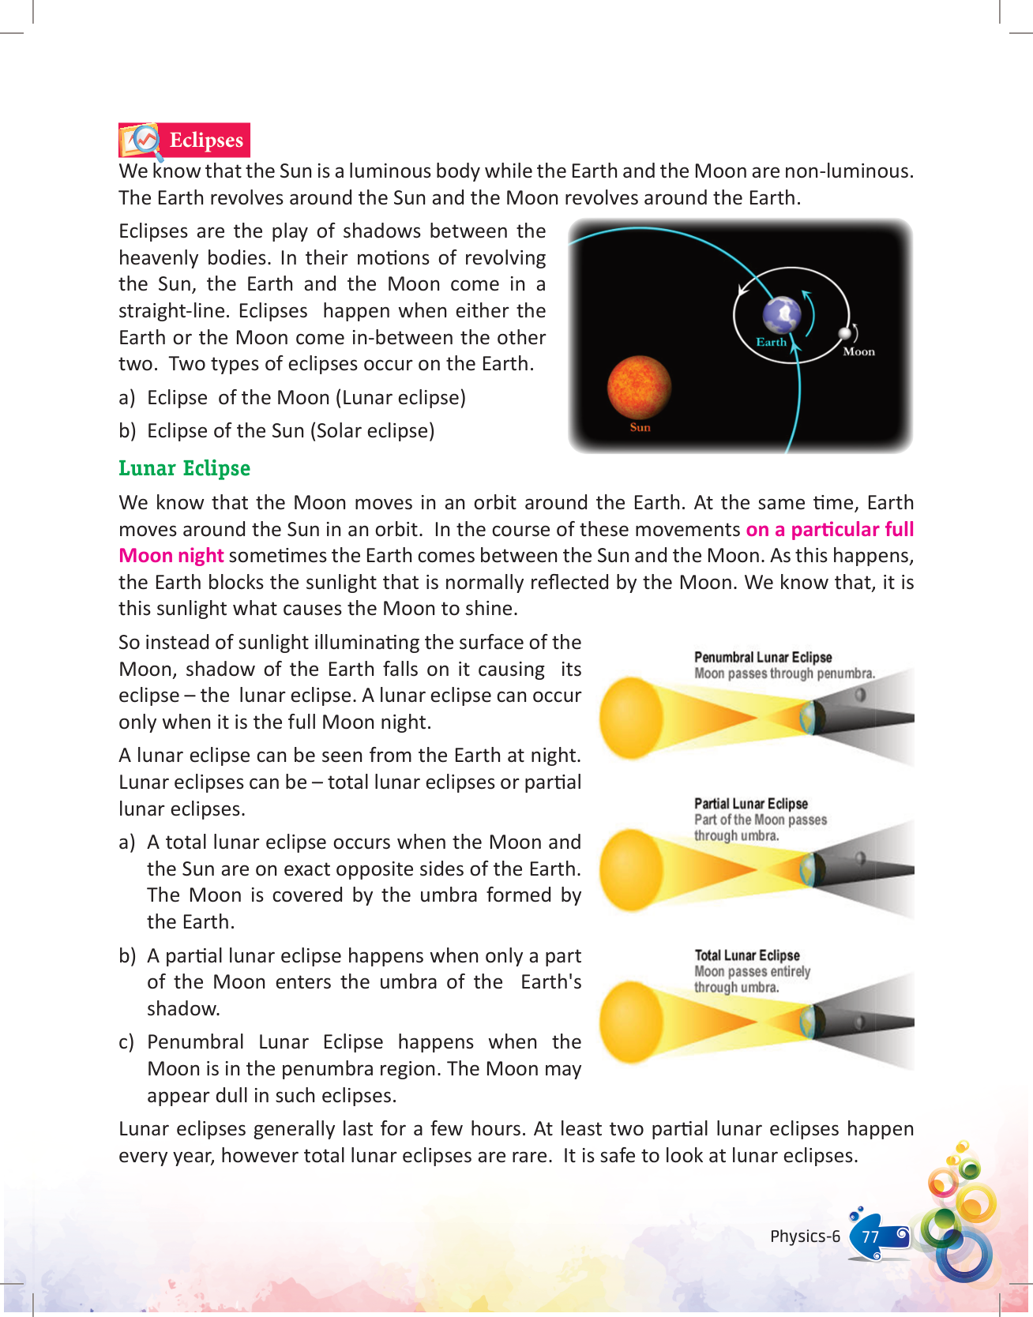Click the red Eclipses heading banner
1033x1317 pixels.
pos(205,140)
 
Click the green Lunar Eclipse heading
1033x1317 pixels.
pos(184,468)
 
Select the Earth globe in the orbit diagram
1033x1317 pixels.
pos(782,315)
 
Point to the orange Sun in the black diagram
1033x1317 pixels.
pos(639,388)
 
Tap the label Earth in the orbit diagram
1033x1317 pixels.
pos(771,342)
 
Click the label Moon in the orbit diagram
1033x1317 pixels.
pos(858,352)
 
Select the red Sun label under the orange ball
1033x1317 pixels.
pos(640,427)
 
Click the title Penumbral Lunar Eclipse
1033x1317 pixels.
pos(763,657)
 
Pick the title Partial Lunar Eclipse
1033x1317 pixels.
pos(750,803)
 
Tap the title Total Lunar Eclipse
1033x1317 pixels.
pos(747,955)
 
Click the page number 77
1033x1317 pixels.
pos(870,1236)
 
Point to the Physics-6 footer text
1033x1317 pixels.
pos(805,1236)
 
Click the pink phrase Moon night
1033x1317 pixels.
pos(171,556)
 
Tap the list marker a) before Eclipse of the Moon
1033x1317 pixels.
pos(126,398)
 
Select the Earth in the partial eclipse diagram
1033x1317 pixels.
pos(808,870)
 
